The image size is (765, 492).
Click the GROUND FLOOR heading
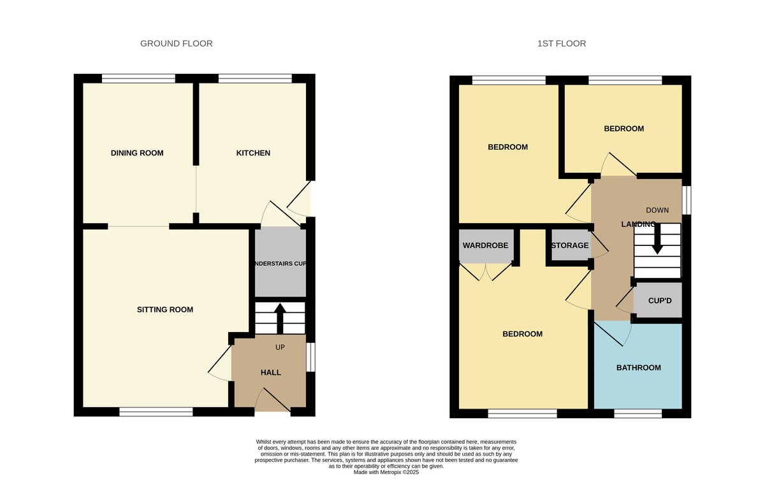point(176,43)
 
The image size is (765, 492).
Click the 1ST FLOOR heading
point(561,43)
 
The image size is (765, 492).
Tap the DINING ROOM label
point(137,153)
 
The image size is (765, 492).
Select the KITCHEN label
point(253,153)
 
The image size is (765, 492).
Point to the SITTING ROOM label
point(164,310)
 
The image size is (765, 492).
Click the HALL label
point(270,372)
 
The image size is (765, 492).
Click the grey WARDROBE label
point(485,245)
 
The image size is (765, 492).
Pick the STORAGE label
point(569,245)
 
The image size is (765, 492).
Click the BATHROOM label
point(638,368)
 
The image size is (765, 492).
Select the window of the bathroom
point(638,413)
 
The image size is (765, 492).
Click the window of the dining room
point(138,79)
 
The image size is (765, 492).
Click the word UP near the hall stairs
point(280,347)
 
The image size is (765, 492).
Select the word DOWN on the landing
point(657,210)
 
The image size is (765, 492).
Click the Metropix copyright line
point(386,472)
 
